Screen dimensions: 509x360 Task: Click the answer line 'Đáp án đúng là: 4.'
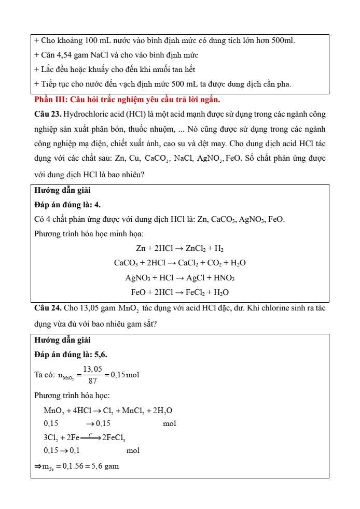tap(67, 205)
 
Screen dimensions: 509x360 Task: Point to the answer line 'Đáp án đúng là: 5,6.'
tap(71, 355)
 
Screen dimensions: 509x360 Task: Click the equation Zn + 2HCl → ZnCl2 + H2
tap(179, 249)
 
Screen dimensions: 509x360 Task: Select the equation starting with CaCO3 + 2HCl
tap(179, 263)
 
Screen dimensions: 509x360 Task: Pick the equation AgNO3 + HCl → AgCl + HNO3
tap(179, 278)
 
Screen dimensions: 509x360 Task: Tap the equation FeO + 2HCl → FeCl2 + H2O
tap(179, 292)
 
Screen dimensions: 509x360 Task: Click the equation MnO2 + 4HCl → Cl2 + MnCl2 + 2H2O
tap(108, 411)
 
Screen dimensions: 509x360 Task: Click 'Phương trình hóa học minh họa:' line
tap(81, 234)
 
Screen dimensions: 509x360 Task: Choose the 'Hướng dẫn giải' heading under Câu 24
tap(62, 340)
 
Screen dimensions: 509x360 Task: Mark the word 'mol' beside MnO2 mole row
tap(170, 424)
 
